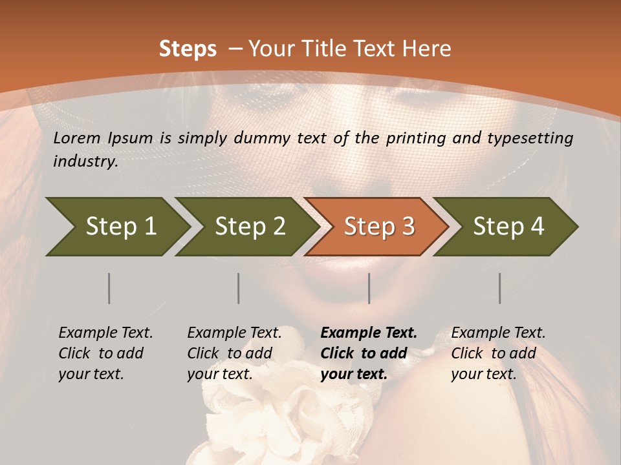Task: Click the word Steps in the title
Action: (x=188, y=49)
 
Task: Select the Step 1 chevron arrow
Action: (x=116, y=227)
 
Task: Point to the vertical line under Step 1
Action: (x=109, y=288)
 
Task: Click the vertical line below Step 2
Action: (x=239, y=288)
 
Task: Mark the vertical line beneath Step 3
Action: (x=369, y=288)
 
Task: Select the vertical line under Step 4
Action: (x=500, y=288)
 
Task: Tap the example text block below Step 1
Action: (x=106, y=353)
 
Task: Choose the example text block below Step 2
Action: (x=234, y=353)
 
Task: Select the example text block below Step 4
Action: (x=498, y=353)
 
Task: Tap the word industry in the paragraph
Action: (x=85, y=161)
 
